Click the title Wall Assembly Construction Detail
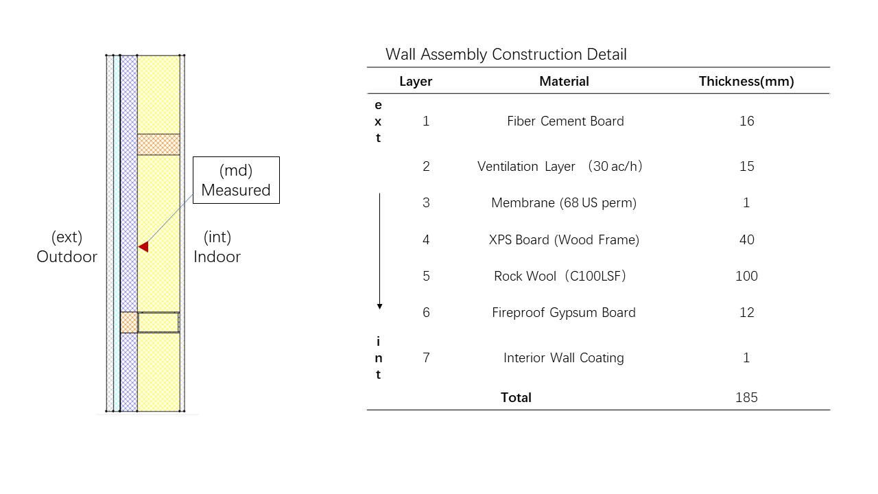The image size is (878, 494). (x=506, y=54)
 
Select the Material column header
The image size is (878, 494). (x=564, y=81)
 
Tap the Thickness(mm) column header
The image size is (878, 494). (x=746, y=81)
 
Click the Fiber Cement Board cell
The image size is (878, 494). (x=565, y=121)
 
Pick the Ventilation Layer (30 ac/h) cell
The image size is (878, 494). (x=560, y=166)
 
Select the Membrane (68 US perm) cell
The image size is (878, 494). (x=564, y=202)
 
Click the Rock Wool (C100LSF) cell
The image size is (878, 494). (x=560, y=276)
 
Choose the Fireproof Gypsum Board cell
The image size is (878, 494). (x=564, y=312)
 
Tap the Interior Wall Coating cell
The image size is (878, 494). (x=564, y=357)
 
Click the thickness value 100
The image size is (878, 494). (x=746, y=276)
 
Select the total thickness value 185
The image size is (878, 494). (x=746, y=397)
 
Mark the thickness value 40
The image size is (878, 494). (x=746, y=239)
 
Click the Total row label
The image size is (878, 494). (x=516, y=397)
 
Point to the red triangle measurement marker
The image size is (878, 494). (x=143, y=246)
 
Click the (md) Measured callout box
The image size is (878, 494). (x=236, y=180)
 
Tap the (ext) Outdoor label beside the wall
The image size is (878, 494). (x=67, y=247)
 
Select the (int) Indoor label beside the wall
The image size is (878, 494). (x=217, y=247)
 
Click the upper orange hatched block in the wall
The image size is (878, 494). (x=158, y=144)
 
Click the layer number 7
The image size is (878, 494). (x=426, y=357)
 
